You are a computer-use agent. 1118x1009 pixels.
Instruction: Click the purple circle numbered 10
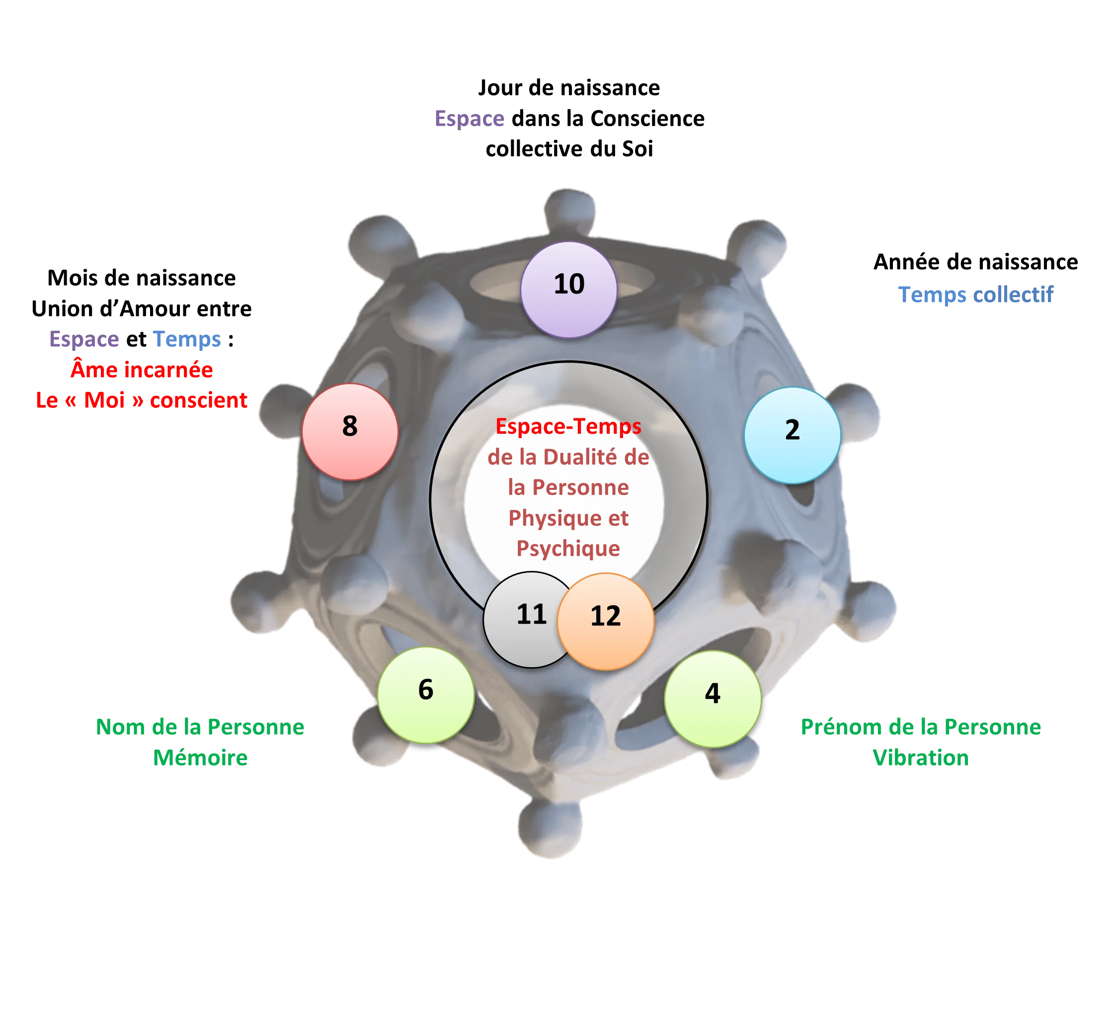(568, 290)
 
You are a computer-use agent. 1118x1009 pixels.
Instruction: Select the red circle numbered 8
(350, 432)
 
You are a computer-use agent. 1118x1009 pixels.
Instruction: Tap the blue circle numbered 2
(792, 435)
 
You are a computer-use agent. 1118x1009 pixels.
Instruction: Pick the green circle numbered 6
(425, 695)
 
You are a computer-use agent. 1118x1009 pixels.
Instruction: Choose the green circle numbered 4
(713, 699)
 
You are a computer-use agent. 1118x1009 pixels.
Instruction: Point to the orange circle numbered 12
(606, 621)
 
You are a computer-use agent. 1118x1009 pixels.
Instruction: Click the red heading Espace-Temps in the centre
(568, 426)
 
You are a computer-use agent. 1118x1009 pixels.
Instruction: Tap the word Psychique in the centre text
(568, 548)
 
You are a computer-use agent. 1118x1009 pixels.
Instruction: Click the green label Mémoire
(200, 757)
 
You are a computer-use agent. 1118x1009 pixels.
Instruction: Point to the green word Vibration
(921, 757)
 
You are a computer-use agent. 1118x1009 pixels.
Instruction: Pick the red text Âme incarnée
(142, 369)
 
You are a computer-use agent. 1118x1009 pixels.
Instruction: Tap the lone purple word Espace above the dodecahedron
(469, 118)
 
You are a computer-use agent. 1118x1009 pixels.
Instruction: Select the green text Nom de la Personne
(200, 726)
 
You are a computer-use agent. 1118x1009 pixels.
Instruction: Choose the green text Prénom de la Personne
(921, 726)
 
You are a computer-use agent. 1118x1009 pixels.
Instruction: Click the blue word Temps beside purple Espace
(187, 339)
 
